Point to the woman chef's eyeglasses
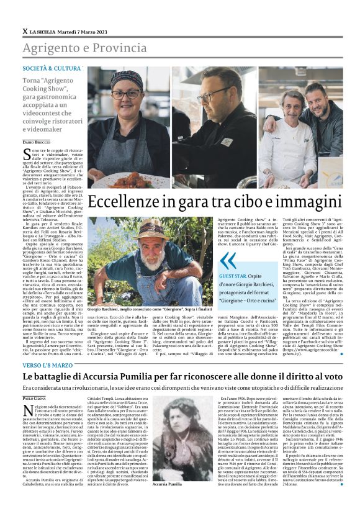click(125, 94)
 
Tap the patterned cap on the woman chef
click(127, 79)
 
